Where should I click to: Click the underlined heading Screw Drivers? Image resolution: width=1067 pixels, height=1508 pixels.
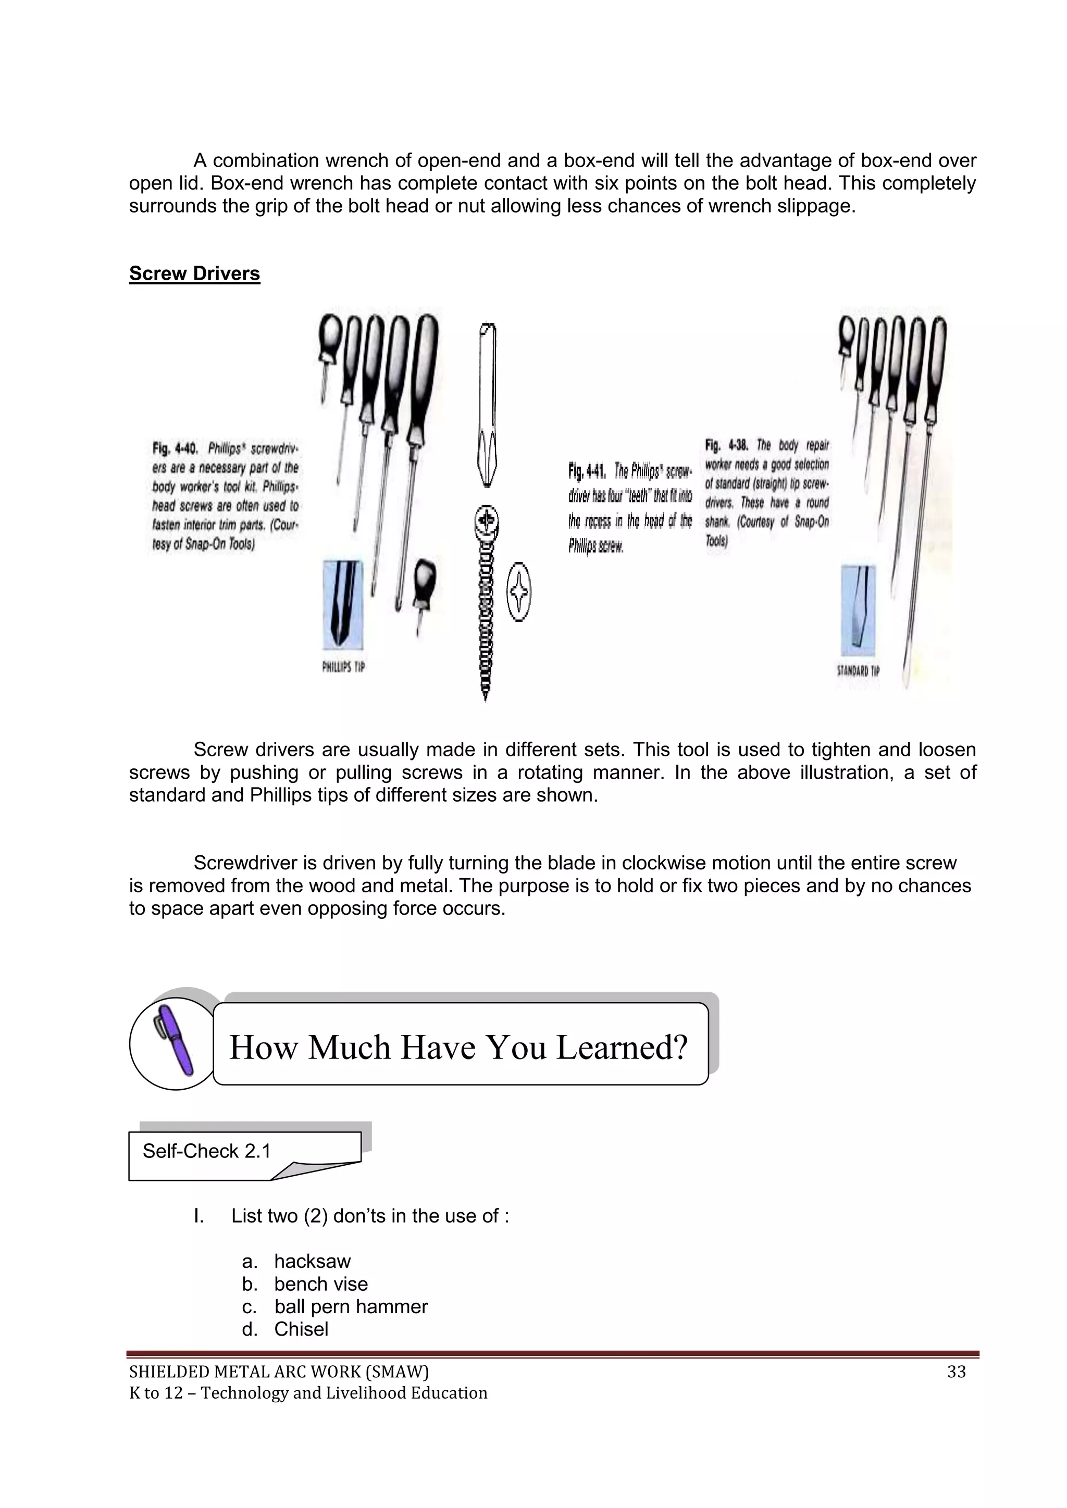point(194,273)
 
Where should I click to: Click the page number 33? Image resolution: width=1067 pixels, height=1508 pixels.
point(956,1372)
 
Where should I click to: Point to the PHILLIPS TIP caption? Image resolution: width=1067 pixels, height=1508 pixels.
point(343,667)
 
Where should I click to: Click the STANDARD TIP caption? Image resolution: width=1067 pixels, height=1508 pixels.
point(858,670)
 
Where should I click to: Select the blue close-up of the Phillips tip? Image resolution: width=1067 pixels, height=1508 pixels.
point(342,604)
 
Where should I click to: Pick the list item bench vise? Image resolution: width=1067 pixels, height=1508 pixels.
point(320,1284)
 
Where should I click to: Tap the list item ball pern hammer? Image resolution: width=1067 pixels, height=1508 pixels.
point(351,1306)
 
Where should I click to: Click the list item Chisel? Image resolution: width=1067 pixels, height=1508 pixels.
point(301,1329)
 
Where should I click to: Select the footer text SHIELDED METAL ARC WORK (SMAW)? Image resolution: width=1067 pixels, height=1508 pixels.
point(279,1372)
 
